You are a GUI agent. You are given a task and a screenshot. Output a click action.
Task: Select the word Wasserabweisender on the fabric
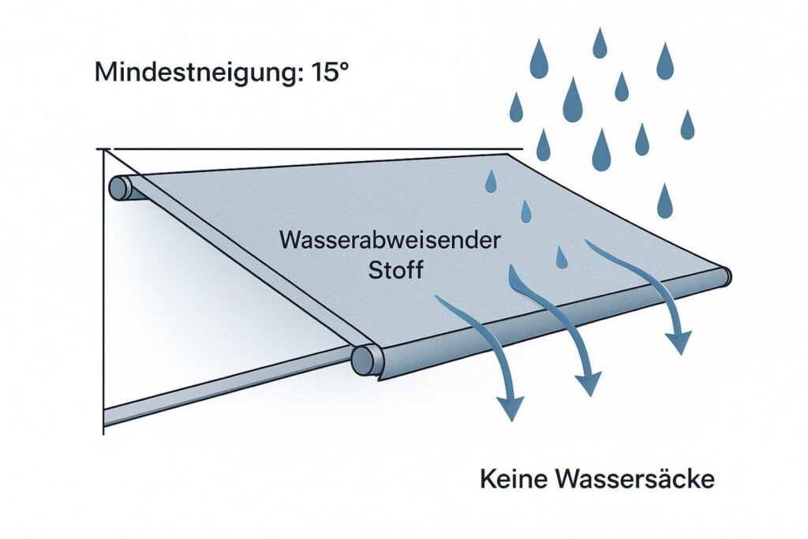click(x=390, y=240)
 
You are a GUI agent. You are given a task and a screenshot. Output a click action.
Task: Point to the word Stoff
click(x=396, y=270)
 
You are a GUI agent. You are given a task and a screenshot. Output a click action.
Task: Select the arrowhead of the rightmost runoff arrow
click(x=678, y=341)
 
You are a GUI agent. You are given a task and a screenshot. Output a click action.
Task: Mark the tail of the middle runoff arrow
click(x=514, y=274)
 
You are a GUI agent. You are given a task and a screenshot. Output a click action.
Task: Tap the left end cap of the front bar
click(x=362, y=359)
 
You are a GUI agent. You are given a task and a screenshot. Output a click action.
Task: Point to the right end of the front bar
click(x=724, y=275)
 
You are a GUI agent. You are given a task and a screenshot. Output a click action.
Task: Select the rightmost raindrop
click(x=687, y=124)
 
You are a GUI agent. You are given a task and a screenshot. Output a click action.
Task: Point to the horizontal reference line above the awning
click(x=316, y=148)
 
